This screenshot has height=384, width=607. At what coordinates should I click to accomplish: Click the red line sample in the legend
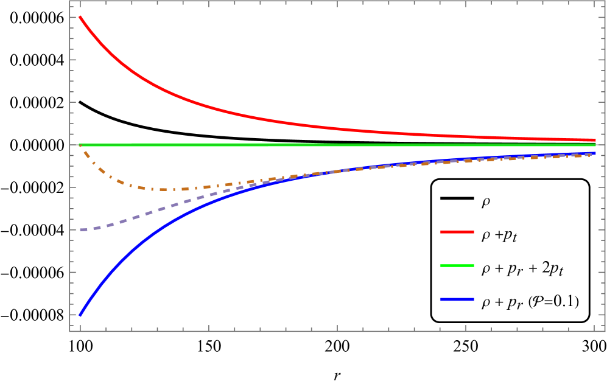pyautogui.click(x=457, y=232)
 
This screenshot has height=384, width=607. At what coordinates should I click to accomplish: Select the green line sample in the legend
pyautogui.click(x=457, y=266)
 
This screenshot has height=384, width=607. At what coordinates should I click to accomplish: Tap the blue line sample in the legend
pyautogui.click(x=457, y=300)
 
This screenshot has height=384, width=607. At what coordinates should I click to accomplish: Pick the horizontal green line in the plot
pyautogui.click(x=304, y=145)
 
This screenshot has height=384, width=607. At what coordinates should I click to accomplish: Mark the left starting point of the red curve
pyautogui.click(x=80, y=17)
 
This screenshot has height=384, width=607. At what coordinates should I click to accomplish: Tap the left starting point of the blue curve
pyautogui.click(x=80, y=315)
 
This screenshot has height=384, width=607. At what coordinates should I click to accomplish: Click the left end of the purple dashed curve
pyautogui.click(x=80, y=230)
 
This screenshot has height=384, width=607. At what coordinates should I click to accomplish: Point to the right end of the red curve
pyautogui.click(x=595, y=140)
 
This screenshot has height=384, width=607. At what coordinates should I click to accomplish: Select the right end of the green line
pyautogui.click(x=595, y=145)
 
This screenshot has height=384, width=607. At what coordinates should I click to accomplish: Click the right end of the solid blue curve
pyautogui.click(x=595, y=153)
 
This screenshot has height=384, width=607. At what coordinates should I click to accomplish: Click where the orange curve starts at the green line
pyautogui.click(x=80, y=145)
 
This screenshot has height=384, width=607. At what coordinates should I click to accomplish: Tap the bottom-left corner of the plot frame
pyautogui.click(x=69, y=331)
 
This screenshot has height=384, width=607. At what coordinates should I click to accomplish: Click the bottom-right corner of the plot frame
pyautogui.click(x=605, y=331)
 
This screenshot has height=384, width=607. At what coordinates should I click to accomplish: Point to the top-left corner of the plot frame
pyautogui.click(x=69, y=1)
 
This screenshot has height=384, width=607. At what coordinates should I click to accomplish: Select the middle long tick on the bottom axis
pyautogui.click(x=337, y=329)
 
